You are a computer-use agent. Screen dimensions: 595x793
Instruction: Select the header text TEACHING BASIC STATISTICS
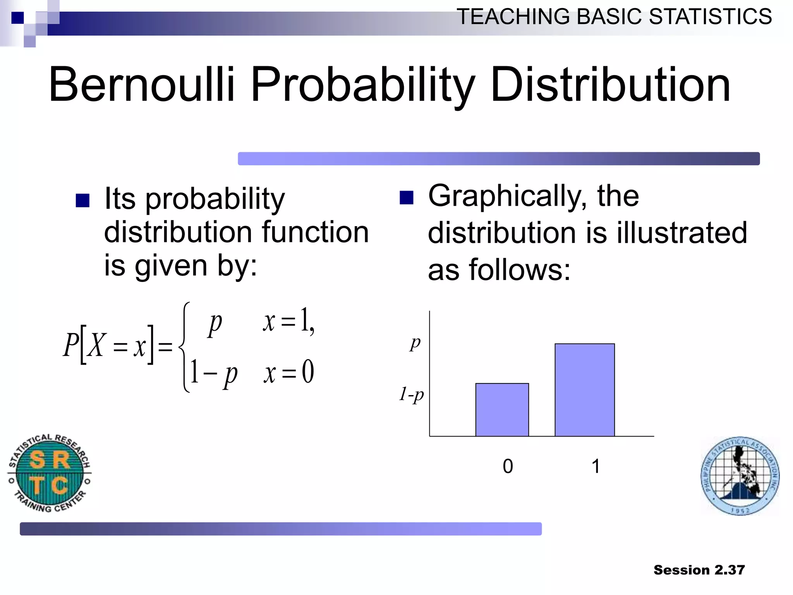(x=614, y=17)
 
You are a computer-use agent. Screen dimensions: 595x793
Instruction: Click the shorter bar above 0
(x=502, y=410)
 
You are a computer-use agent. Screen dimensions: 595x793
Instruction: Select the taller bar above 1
(x=584, y=390)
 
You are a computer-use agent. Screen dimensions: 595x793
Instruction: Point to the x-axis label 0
(x=508, y=466)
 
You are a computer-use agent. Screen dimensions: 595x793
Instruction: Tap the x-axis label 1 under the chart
(x=596, y=466)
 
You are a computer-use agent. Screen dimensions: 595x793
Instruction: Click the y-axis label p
(x=415, y=343)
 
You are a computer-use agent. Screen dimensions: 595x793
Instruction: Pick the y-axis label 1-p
(x=412, y=394)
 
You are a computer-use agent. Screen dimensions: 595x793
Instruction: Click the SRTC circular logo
(x=49, y=473)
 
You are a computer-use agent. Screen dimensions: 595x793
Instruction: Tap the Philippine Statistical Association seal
(x=740, y=476)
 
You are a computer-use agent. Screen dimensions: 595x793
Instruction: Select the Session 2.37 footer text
(x=699, y=570)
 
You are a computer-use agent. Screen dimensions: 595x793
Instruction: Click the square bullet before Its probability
(x=82, y=200)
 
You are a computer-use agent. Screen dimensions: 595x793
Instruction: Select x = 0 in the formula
(x=289, y=372)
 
